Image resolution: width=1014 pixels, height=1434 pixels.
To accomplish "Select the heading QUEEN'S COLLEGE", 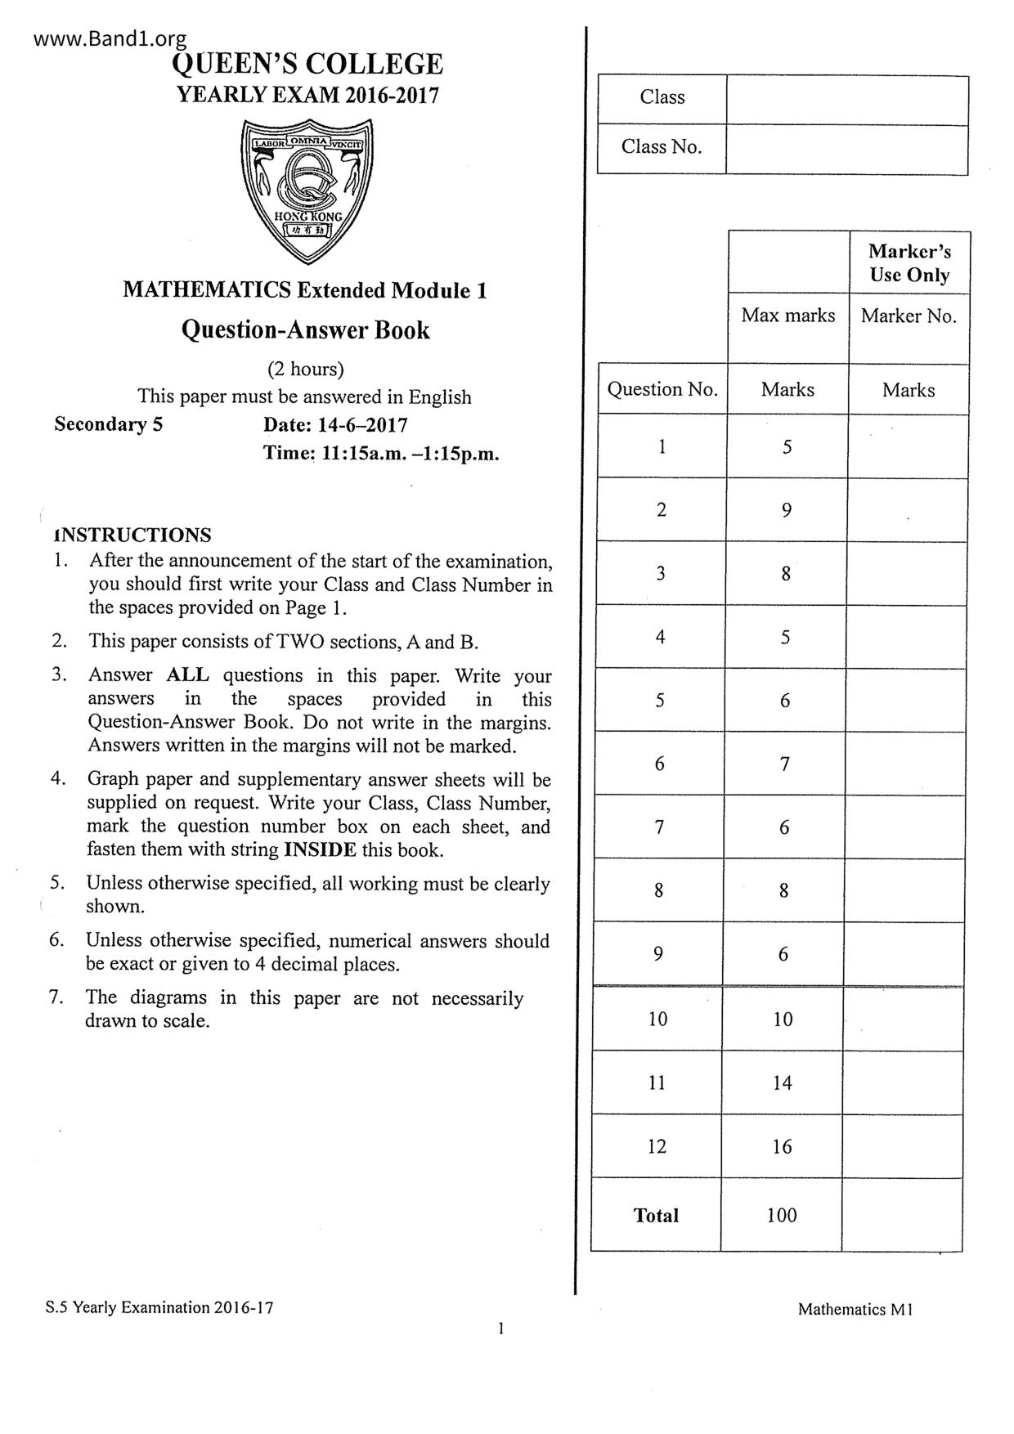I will pos(308,65).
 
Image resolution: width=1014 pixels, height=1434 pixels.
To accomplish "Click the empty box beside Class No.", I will pos(846,149).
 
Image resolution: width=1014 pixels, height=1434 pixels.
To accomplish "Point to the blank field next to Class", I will pos(846,99).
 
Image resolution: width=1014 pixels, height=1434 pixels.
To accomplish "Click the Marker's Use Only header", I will pos(909,262).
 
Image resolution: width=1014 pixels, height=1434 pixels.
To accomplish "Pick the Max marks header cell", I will pos(787,316).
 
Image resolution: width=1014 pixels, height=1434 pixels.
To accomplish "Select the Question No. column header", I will pos(662,389).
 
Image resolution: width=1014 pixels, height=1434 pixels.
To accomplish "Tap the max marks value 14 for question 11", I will pos(782,1082).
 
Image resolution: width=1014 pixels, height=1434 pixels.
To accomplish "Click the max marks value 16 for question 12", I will pos(782,1146).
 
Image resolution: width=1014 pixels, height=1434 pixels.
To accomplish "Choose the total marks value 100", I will pos(782,1215).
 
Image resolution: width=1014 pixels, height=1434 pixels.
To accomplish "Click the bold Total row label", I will pos(656,1215).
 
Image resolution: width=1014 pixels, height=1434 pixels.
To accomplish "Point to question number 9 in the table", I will pos(658,953).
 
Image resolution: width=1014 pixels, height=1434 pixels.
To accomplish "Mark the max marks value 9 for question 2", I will pos(786,510).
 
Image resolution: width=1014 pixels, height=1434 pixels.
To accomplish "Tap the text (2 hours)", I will pos(305,369).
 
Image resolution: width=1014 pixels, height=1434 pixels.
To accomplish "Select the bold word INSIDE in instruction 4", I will pos(320,849).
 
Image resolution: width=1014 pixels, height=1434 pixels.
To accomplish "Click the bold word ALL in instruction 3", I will pos(188,675).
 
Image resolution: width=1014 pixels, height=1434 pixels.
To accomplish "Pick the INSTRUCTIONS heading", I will pos(132,536).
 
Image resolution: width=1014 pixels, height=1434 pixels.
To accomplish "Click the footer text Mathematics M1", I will pos(855,1309).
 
